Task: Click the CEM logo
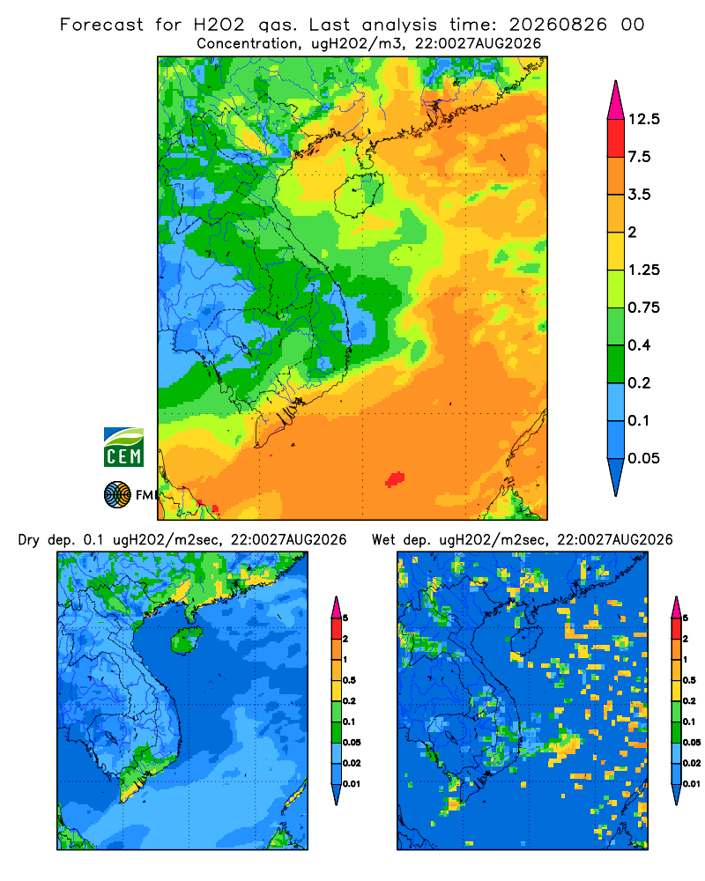point(123,447)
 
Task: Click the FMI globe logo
point(117,494)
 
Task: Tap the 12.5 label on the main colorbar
point(643,119)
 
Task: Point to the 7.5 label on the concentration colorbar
point(639,157)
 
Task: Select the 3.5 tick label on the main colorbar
point(639,195)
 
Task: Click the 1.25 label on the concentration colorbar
point(643,270)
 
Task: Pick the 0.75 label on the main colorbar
point(643,307)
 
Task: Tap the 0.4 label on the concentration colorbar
point(639,345)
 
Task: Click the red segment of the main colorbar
point(616,138)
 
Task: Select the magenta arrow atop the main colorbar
point(616,101)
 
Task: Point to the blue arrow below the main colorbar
point(616,477)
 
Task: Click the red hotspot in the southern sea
point(395,478)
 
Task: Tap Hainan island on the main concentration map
point(359,195)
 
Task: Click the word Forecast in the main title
point(101,25)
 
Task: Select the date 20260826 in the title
point(558,25)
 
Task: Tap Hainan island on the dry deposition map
point(187,640)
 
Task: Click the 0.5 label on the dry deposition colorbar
point(349,680)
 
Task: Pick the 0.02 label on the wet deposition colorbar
point(692,763)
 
